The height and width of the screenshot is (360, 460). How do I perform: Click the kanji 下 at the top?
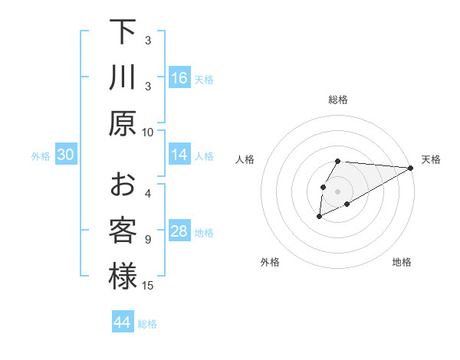[123, 33]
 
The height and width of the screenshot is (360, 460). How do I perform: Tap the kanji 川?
[123, 77]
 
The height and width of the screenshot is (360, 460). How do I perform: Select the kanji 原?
[123, 123]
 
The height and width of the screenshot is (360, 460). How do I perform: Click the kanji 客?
[123, 231]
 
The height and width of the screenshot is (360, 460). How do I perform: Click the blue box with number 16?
[179, 77]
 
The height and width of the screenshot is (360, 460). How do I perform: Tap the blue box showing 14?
[179, 155]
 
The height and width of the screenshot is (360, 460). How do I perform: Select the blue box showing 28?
[179, 231]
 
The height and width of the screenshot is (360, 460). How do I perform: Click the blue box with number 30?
[66, 155]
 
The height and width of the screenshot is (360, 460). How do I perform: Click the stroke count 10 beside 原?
[148, 132]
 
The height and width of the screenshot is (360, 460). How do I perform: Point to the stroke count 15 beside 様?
[148, 286]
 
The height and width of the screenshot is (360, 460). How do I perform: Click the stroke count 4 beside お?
[148, 193]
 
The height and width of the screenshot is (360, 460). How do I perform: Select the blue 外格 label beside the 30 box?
[41, 155]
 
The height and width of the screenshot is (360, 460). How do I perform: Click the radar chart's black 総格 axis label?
[337, 100]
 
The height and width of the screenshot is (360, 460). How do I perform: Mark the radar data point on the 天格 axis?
[411, 169]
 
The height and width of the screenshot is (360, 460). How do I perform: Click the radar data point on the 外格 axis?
[318, 218]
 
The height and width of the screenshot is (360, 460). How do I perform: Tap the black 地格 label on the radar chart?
[402, 262]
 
